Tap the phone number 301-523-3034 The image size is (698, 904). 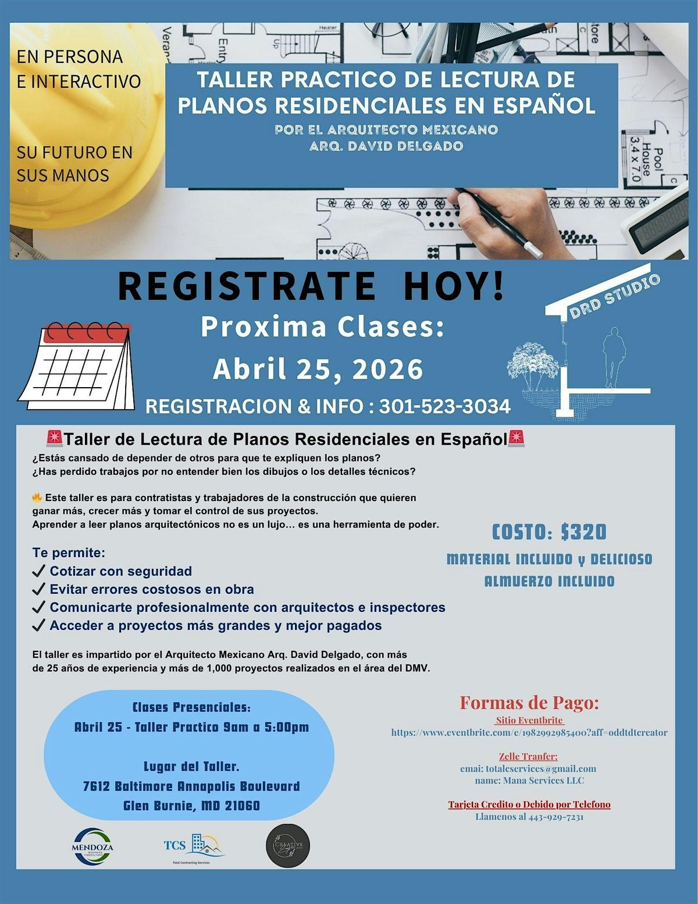pos(445,406)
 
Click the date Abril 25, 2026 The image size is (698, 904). pos(318,369)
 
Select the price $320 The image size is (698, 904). pos(583,532)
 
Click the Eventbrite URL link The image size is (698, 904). pos(529,733)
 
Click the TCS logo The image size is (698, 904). pos(193,846)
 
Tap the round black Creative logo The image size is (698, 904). pos(288,845)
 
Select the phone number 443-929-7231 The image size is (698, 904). pos(555,817)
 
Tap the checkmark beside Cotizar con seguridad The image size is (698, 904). pos(39,572)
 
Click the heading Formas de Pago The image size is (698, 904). pos(529,703)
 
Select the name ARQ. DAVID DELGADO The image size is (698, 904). pos(386,146)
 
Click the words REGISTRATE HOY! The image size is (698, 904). pos(311,286)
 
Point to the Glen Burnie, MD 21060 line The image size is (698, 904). pos(191,806)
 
